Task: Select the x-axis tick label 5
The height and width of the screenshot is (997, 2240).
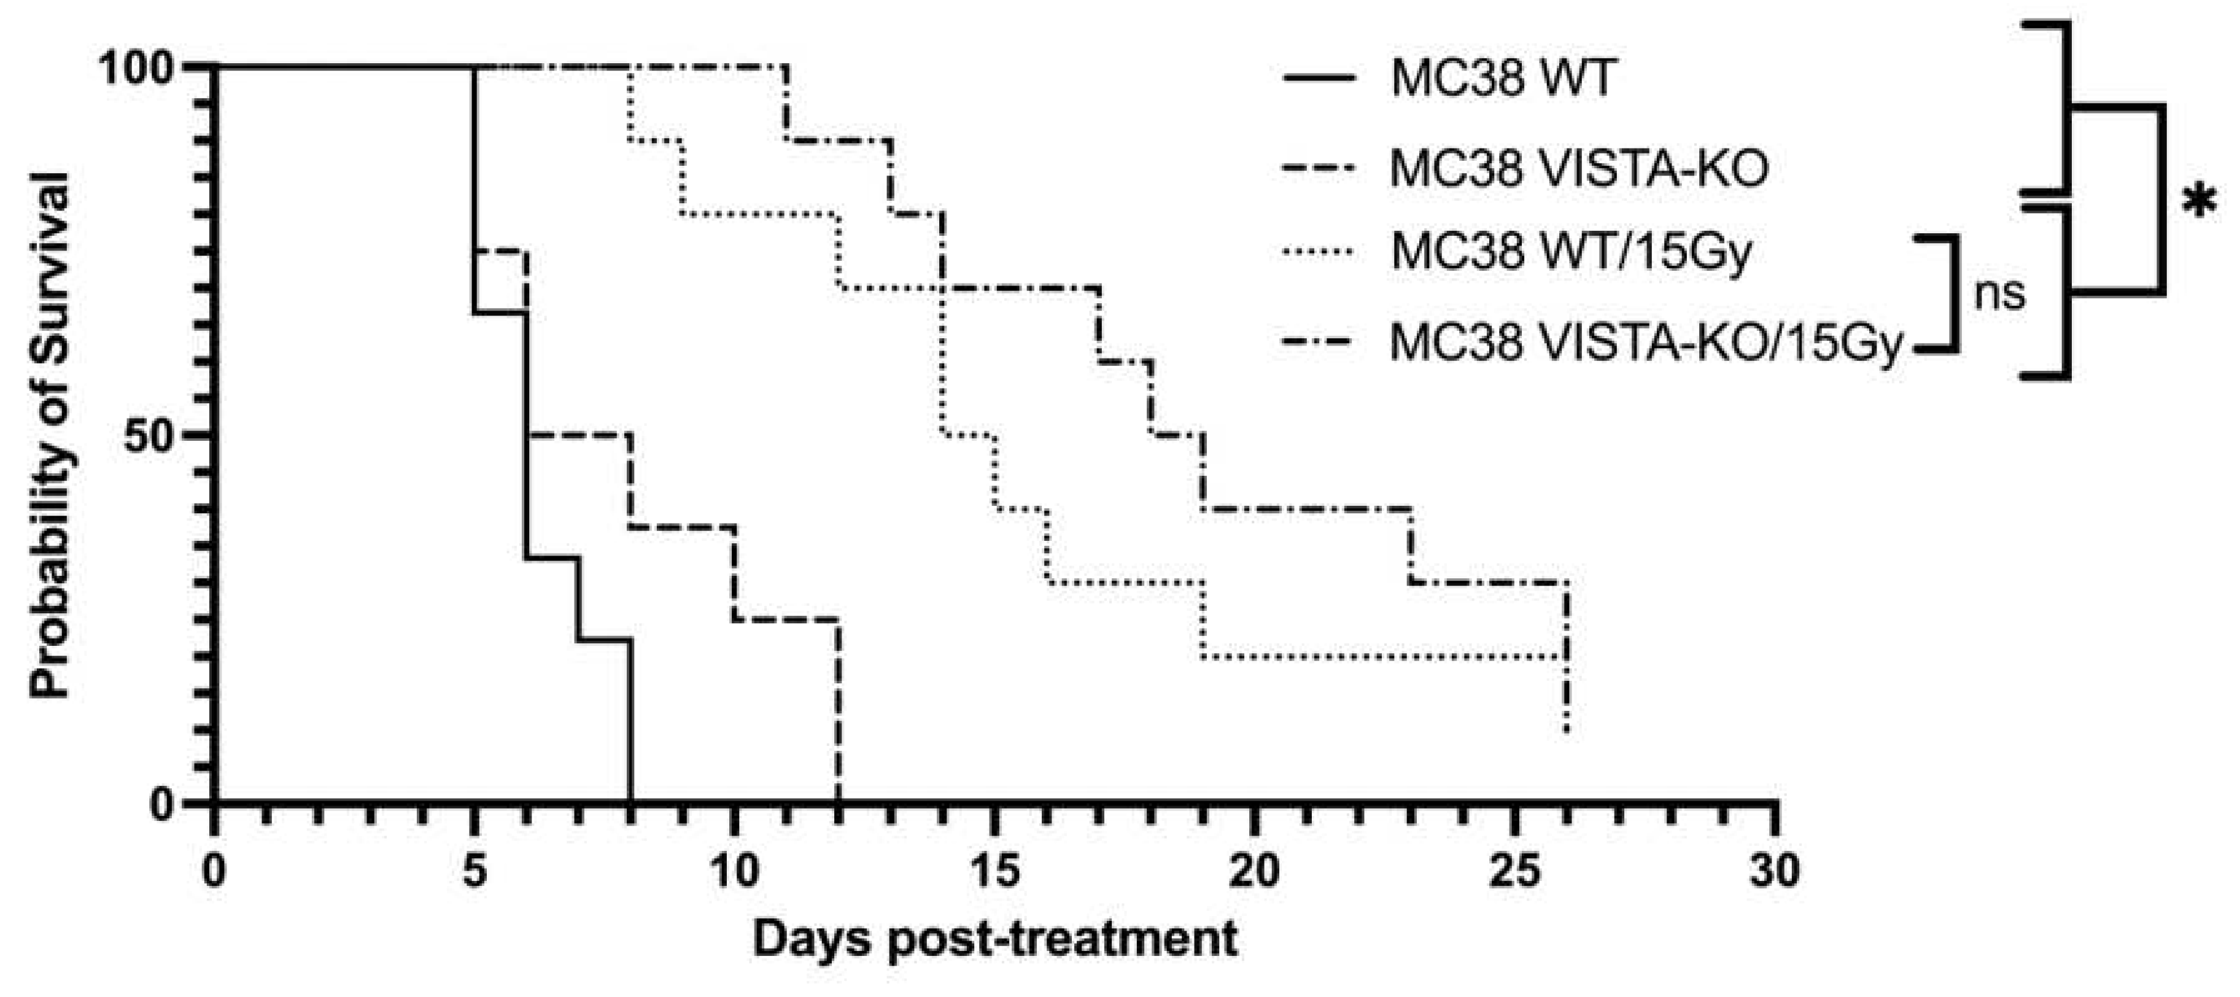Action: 474,870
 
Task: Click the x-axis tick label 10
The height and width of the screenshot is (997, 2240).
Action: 734,870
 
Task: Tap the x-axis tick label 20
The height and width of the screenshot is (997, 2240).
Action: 1255,870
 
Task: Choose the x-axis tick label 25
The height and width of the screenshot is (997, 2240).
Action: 1515,870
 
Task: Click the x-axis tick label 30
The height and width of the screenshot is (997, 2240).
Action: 1775,870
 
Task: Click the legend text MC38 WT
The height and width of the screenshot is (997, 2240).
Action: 1503,79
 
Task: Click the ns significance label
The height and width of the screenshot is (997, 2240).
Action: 2000,294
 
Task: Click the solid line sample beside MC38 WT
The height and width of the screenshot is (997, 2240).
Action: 1318,79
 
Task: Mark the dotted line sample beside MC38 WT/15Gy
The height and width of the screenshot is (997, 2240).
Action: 1318,253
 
